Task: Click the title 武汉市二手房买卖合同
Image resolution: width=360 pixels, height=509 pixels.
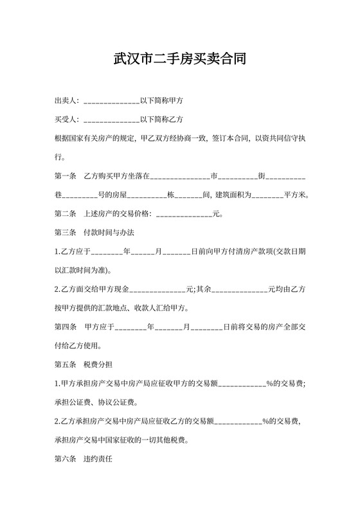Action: (x=179, y=60)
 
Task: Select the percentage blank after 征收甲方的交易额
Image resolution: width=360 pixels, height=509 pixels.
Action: (x=242, y=384)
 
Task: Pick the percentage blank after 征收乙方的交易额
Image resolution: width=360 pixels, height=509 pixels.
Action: (x=238, y=422)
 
